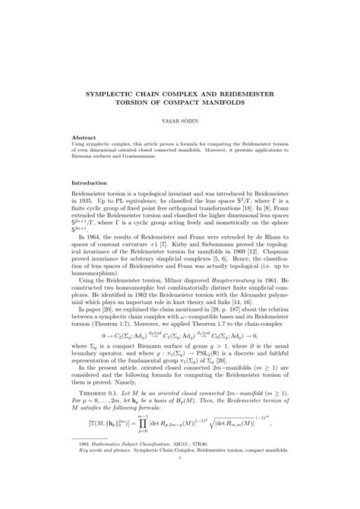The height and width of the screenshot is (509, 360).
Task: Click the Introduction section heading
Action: pos(90,182)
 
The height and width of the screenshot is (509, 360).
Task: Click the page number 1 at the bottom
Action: pos(180,479)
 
